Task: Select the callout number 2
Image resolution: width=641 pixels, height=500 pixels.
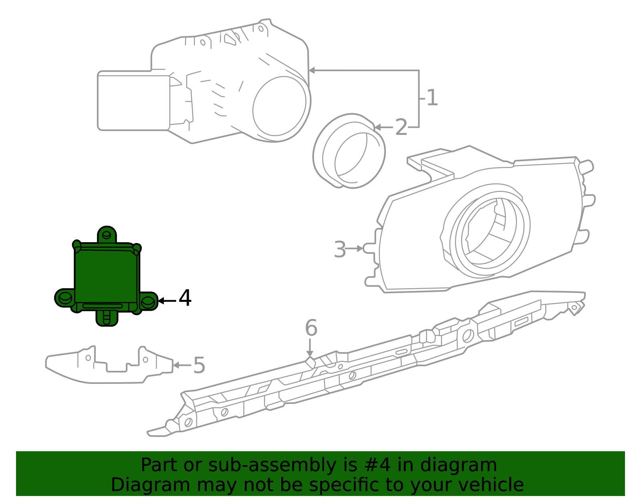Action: tap(401, 127)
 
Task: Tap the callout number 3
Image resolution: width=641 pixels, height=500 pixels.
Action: tap(339, 249)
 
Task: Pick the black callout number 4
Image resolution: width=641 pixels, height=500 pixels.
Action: tap(185, 298)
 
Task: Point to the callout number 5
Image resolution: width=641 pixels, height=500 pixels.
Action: tap(199, 365)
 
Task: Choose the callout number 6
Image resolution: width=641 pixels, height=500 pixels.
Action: tap(311, 327)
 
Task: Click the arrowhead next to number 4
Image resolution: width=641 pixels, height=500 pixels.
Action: tap(161, 301)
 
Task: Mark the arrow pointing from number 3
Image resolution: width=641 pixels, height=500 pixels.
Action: tap(354, 248)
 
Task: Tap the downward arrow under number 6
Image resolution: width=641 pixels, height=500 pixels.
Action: tap(310, 348)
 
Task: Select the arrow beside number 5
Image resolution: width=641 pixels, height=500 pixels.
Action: tap(182, 365)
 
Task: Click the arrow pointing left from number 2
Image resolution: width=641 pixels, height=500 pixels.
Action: tap(384, 127)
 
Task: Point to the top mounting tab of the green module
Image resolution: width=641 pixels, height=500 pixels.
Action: tap(107, 235)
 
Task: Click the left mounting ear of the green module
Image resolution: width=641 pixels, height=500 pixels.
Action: tap(65, 298)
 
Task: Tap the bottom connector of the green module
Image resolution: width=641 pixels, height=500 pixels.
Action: tap(107, 319)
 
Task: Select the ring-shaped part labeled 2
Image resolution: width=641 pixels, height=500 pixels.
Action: tap(349, 151)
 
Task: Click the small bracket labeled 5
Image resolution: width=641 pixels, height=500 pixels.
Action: tap(109, 365)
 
